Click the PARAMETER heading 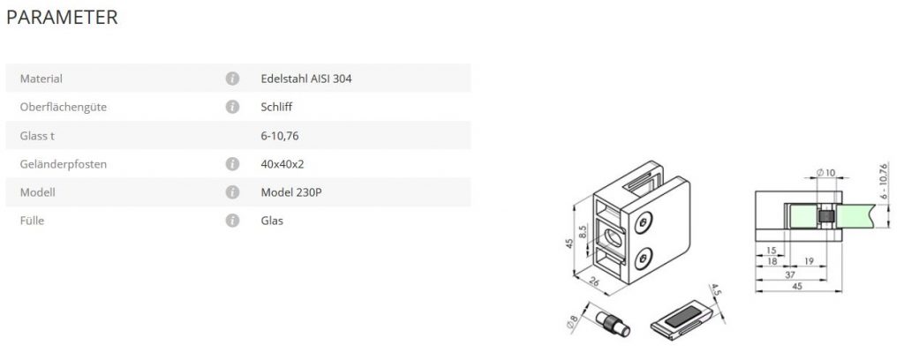pyautogui.click(x=62, y=18)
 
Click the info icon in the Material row pyautogui.click(x=232, y=79)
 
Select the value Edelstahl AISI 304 pyautogui.click(x=307, y=79)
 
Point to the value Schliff pyautogui.click(x=276, y=107)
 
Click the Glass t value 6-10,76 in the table pyautogui.click(x=282, y=135)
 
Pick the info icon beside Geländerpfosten pyautogui.click(x=232, y=163)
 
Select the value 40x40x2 pyautogui.click(x=283, y=163)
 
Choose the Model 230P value pyautogui.click(x=291, y=191)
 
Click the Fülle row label pyautogui.click(x=32, y=221)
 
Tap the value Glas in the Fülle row pyautogui.click(x=272, y=221)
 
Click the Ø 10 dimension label pyautogui.click(x=826, y=171)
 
